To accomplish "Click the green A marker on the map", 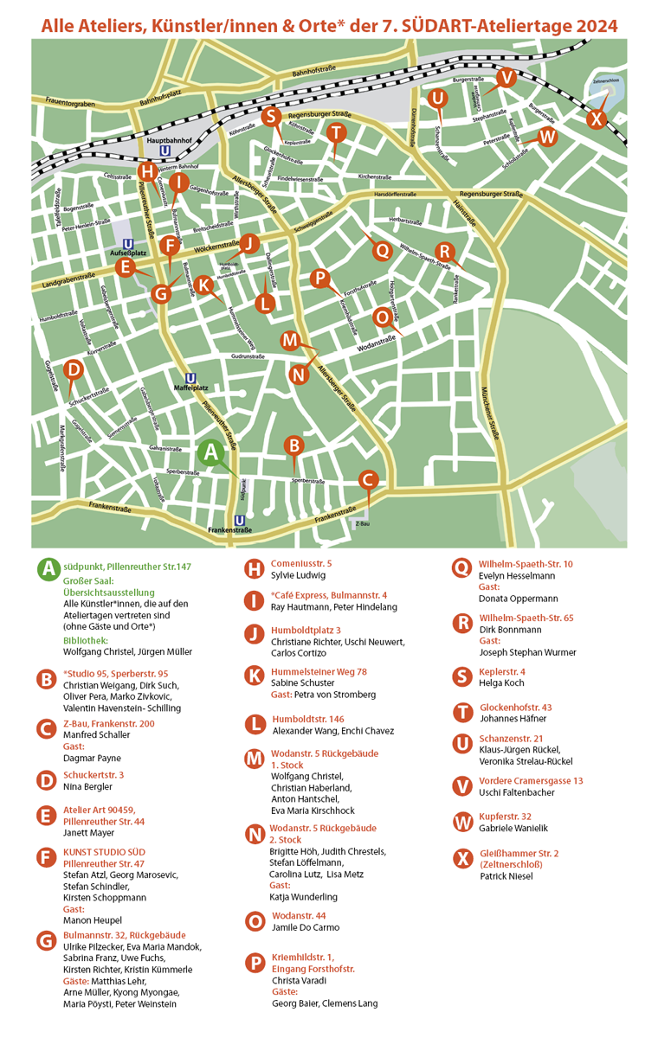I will [x=210, y=452].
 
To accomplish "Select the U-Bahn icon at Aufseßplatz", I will [x=128, y=244].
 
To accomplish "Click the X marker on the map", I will [x=596, y=119].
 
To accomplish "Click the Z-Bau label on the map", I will [x=362, y=523].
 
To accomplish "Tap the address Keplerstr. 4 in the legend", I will [x=501, y=672].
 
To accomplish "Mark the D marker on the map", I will [x=74, y=370].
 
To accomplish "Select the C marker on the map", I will [x=368, y=479].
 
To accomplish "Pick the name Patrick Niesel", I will [x=506, y=876].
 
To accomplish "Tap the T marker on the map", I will [x=337, y=132].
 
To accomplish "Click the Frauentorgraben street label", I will [x=64, y=103].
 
